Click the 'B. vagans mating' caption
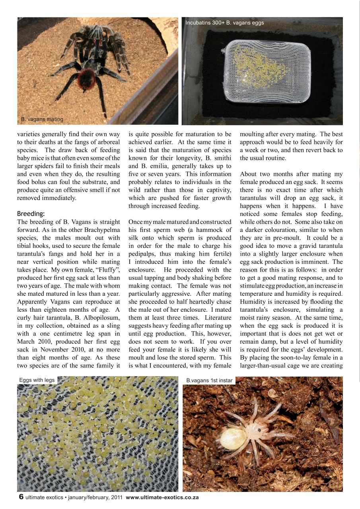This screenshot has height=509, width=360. point(42,119)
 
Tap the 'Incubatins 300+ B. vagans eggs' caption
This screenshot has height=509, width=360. point(225,23)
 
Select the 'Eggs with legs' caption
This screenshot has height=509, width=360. point(37,380)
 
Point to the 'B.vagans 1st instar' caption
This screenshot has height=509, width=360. point(209,381)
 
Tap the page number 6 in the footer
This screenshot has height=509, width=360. point(21,497)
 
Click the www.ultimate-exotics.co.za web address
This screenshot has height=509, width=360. point(162,497)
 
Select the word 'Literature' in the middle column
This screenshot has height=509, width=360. point(218,317)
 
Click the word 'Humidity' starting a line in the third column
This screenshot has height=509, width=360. point(253,301)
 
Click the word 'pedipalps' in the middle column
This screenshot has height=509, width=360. point(143,254)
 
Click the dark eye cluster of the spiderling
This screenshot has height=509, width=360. point(259,429)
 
